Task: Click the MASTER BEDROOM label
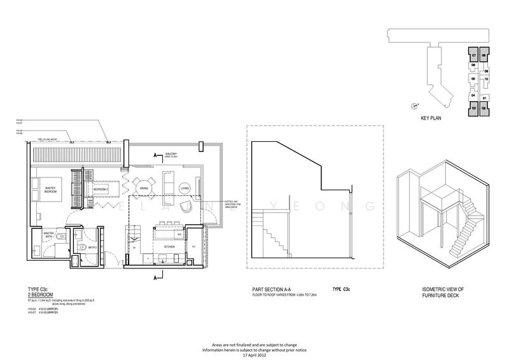click(x=52, y=189)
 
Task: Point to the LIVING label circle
click(x=185, y=188)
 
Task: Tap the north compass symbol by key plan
click(x=414, y=106)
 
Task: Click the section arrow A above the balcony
click(x=155, y=155)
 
